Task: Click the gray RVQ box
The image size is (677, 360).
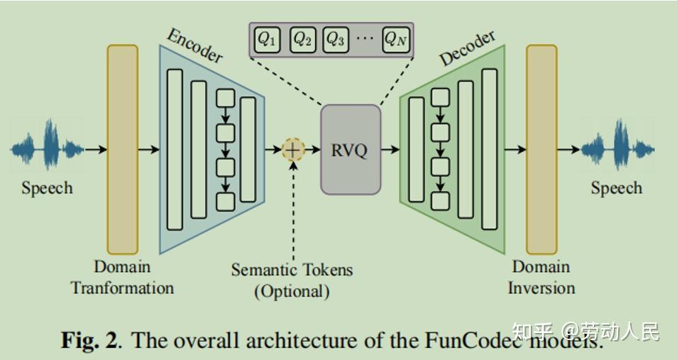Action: [351, 150]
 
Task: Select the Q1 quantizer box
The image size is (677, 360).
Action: [266, 39]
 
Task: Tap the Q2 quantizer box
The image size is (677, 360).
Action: [302, 39]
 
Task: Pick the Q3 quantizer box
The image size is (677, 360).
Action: [336, 39]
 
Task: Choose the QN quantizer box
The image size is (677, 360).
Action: [396, 39]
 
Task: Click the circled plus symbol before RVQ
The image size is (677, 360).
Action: [292, 150]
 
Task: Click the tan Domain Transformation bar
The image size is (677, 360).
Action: [122, 149]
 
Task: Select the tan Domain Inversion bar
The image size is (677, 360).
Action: [541, 149]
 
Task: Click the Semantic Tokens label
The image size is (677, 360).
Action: [292, 270]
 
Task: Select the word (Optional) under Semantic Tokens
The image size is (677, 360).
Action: [292, 291]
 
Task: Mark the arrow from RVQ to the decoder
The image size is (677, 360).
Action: [390, 150]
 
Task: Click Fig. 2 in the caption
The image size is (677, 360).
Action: [89, 340]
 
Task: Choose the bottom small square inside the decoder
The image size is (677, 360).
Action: [441, 201]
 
